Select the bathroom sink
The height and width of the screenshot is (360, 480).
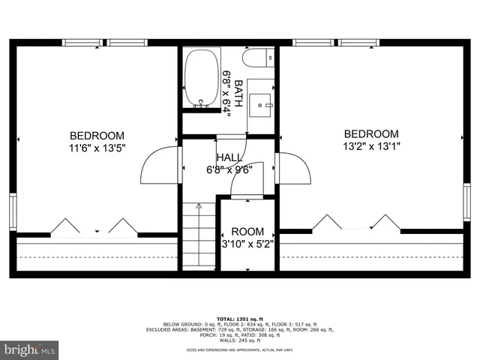[x=262, y=101]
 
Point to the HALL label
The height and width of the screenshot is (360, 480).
[x=229, y=157]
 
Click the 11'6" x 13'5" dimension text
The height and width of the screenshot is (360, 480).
[x=97, y=148]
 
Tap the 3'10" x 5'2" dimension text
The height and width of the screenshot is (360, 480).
[x=247, y=244]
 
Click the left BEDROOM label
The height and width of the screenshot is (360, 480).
[x=97, y=135]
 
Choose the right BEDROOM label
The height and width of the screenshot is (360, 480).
[x=371, y=133]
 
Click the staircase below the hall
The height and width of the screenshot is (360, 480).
[x=199, y=236]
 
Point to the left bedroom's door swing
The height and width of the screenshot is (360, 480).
[x=159, y=165]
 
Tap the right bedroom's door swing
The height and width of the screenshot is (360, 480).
[x=294, y=168]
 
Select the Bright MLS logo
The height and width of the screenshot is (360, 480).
[x=30, y=349]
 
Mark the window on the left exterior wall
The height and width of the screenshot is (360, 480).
[x=13, y=211]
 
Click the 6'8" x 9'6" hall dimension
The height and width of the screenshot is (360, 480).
[x=229, y=169]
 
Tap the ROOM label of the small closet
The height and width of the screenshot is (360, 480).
[x=247, y=232]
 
